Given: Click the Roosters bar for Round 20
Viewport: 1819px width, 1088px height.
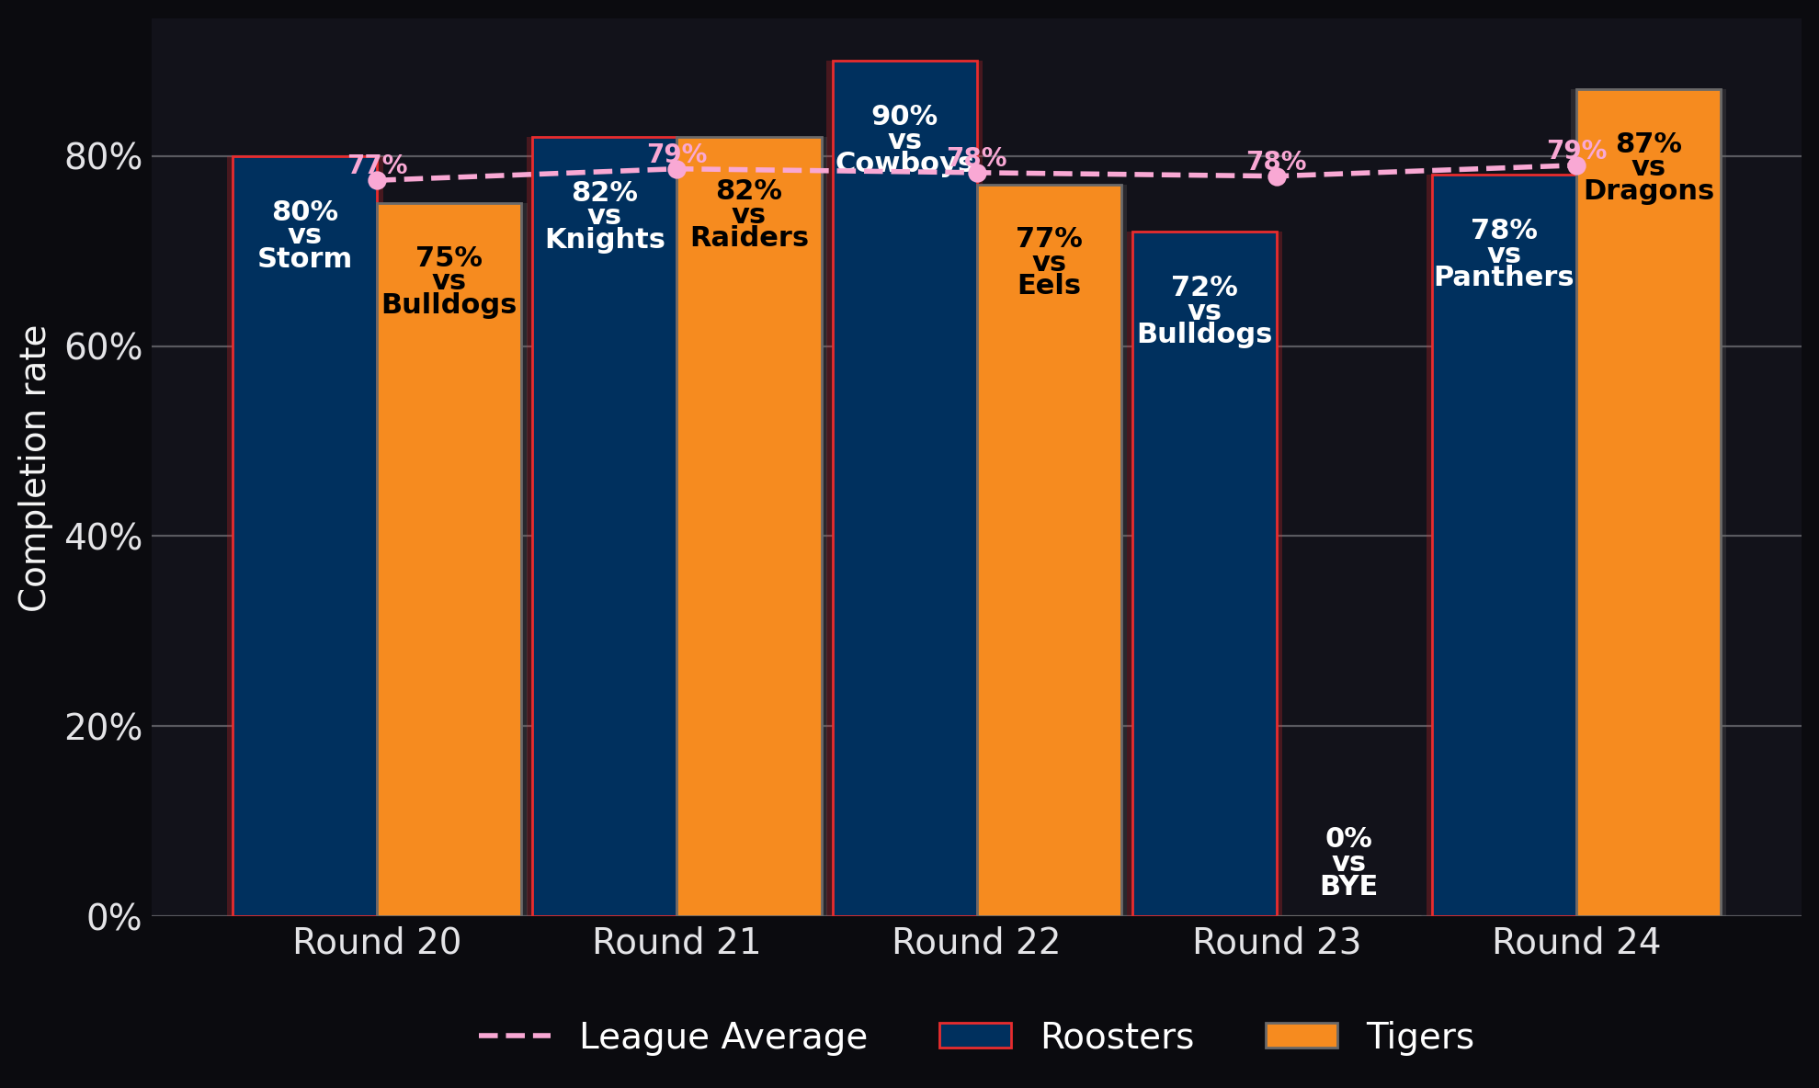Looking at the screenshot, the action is (305, 536).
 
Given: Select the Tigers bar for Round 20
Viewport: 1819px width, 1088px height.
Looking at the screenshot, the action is (449, 560).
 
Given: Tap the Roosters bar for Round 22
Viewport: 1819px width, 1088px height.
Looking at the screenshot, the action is (904, 488).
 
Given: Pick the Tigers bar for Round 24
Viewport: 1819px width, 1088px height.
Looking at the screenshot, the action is (1649, 503).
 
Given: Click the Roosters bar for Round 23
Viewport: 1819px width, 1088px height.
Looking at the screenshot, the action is (1205, 573).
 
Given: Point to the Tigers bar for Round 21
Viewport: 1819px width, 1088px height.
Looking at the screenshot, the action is (749, 527).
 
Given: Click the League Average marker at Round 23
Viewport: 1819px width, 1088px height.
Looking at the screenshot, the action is (1277, 176).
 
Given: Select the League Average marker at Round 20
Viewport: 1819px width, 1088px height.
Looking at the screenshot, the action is (377, 180).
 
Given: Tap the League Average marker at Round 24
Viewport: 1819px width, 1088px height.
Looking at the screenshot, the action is (1576, 165).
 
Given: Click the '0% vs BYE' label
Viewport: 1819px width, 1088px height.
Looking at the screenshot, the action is (1348, 862).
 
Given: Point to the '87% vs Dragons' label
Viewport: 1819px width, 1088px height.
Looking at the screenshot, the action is (1649, 167).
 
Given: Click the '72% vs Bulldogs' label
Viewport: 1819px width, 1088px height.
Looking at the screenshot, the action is (1205, 311).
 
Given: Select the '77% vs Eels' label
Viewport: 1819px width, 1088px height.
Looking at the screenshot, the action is (1049, 262).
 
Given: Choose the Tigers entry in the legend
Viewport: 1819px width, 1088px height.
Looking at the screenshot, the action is (1370, 1037).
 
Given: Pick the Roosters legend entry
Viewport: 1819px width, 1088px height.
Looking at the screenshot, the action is (1066, 1037).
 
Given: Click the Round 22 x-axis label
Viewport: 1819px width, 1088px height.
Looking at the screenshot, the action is (976, 943).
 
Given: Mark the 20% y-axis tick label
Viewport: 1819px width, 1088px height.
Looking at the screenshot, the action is (103, 727).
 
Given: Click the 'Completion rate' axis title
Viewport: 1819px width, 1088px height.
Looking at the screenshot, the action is (33, 468).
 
